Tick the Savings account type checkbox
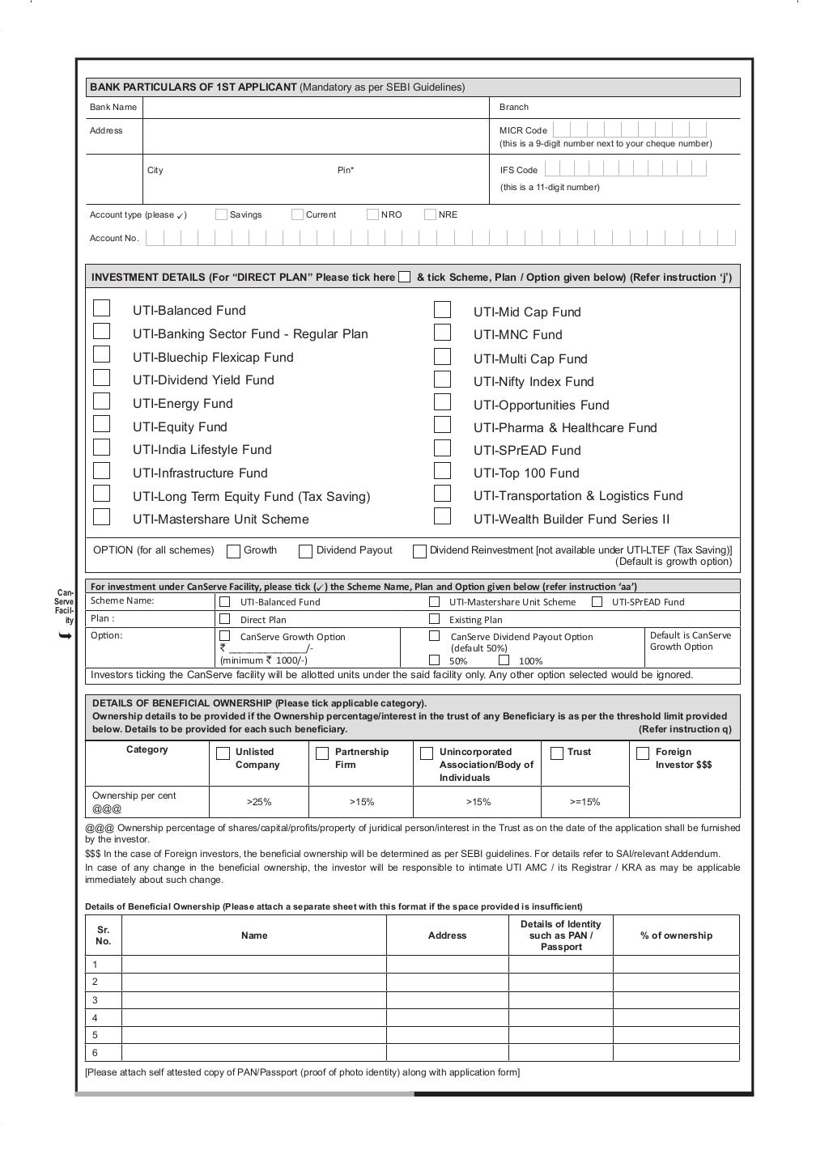[221, 214]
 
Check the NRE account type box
[430, 214]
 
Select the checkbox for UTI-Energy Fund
[101, 401]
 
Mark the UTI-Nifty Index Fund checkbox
[442, 380]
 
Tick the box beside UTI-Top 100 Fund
[442, 471]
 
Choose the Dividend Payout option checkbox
[305, 551]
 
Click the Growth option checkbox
[233, 551]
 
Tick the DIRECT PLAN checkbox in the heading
[405, 277]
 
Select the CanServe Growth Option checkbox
[225, 636]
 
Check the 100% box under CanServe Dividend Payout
[504, 660]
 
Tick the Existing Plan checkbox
[434, 619]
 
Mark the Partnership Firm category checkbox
[321, 753]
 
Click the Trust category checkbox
[557, 753]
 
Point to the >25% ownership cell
[258, 802]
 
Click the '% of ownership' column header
[676, 936]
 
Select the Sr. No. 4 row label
[95, 1017]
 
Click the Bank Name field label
[113, 107]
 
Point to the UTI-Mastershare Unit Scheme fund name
[220, 519]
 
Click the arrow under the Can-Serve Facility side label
[66, 637]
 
